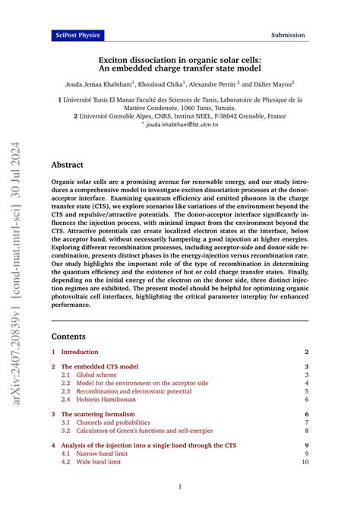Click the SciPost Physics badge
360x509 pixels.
coord(77,35)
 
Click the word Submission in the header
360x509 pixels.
coord(289,35)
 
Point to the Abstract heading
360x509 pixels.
coord(68,164)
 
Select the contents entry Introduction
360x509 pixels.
coord(80,352)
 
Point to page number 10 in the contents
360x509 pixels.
coord(305,461)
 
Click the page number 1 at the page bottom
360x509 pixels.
coord(180,486)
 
